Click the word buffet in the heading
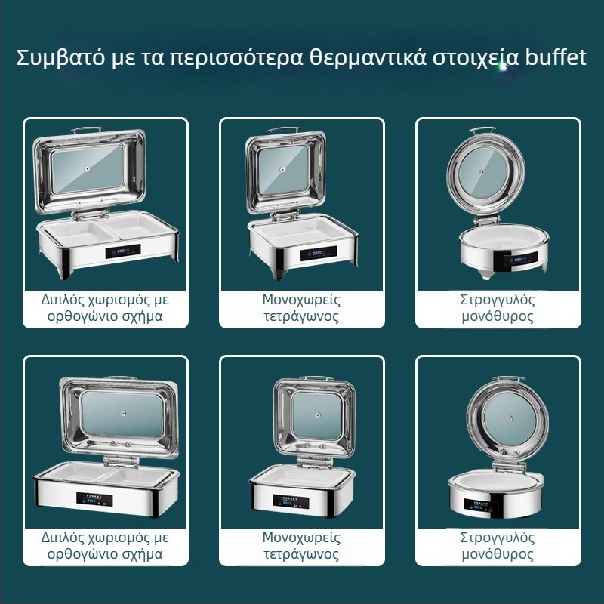tap(556, 57)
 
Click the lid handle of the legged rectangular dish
tap(87, 129)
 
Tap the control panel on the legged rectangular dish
tap(123, 251)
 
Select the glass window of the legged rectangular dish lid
tap(88, 168)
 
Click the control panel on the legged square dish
tap(318, 253)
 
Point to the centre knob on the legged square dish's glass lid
tap(283, 169)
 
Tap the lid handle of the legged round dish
tap(482, 131)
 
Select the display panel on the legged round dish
tap(519, 259)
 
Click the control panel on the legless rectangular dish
tap(94, 500)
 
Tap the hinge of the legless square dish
tap(315, 461)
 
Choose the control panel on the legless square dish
tap(291, 501)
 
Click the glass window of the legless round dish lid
tap(510, 418)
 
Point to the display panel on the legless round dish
tap(479, 506)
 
